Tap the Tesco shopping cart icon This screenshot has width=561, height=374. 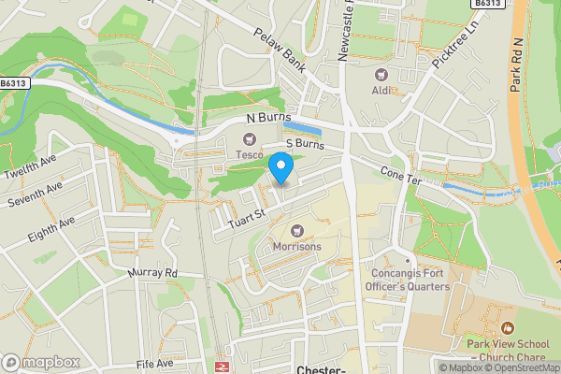tap(251, 139)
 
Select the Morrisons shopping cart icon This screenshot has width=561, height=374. tap(298, 231)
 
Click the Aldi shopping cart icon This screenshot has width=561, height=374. tap(381, 74)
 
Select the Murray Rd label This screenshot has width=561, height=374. tap(152, 273)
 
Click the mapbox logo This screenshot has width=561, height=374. tap(39, 362)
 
